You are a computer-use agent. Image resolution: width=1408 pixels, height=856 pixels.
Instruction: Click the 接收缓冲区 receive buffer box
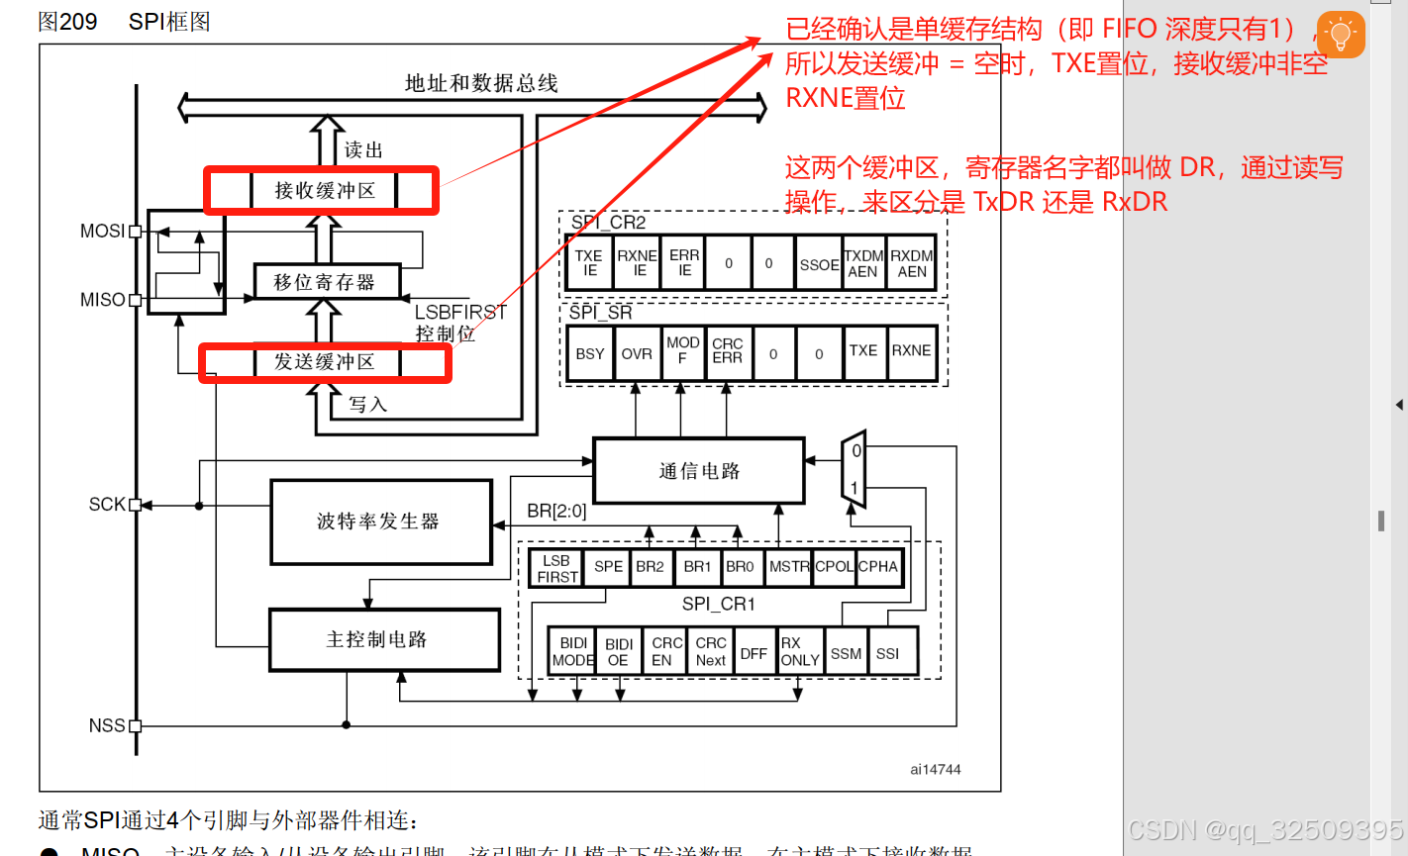(x=325, y=190)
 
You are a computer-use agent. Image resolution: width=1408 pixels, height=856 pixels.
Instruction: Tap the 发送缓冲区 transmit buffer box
(x=325, y=362)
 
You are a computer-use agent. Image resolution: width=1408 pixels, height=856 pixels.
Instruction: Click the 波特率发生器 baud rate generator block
(x=381, y=522)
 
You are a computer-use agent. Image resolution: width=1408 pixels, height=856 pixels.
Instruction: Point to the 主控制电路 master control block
(x=384, y=640)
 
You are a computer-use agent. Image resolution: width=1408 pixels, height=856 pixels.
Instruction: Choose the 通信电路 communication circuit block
(x=699, y=471)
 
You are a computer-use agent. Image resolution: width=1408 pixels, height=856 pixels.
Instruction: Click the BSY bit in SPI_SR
(x=590, y=353)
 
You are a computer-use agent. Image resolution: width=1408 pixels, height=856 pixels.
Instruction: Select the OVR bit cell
(x=637, y=353)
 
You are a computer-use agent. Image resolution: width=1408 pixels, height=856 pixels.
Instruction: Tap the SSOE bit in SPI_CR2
(x=819, y=264)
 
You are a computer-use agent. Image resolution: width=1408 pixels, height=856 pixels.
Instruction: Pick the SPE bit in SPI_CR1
(x=608, y=567)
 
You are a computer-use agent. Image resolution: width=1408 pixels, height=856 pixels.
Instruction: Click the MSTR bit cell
(x=789, y=567)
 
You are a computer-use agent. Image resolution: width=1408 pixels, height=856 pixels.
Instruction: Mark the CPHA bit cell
(x=878, y=567)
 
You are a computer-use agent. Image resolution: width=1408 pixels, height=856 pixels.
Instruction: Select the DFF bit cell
(x=754, y=653)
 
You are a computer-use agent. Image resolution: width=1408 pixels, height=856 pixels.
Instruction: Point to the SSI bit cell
(x=888, y=653)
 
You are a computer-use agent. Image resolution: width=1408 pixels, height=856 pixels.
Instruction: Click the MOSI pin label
(x=102, y=231)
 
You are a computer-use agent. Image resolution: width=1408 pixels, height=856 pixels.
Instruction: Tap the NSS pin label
(x=107, y=725)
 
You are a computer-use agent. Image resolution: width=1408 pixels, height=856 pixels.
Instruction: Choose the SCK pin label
(x=107, y=505)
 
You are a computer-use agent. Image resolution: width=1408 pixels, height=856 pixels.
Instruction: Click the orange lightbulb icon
(x=1341, y=35)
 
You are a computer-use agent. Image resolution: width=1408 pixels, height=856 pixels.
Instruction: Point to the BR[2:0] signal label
(x=556, y=512)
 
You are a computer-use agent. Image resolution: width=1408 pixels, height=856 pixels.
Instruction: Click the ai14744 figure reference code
(x=936, y=769)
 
